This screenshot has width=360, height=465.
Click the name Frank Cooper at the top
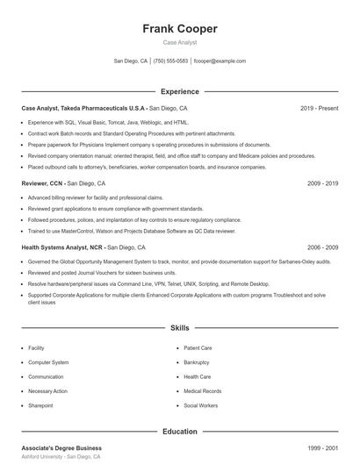pos(180,28)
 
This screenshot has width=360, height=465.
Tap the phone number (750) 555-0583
pos(170,61)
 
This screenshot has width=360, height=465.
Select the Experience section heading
pos(180,91)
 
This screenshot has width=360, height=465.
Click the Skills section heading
pos(180,328)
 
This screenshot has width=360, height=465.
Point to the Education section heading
pos(180,432)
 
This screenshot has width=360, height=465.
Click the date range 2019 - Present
pos(319,109)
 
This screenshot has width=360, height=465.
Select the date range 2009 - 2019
pos(323,184)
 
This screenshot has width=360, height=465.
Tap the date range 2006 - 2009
pos(323,248)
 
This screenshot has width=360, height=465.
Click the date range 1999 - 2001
pos(323,447)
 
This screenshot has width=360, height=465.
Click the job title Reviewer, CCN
pos(42,184)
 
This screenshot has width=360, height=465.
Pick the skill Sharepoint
pos(40,406)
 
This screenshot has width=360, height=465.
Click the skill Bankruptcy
pos(197,362)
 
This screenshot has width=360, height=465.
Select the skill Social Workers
pos(200,406)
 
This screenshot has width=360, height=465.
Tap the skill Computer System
pos(48,362)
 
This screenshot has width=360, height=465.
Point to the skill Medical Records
pos(203,391)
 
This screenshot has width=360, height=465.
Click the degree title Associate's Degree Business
pos(61,447)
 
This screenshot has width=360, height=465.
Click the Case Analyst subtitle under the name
pos(180,42)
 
